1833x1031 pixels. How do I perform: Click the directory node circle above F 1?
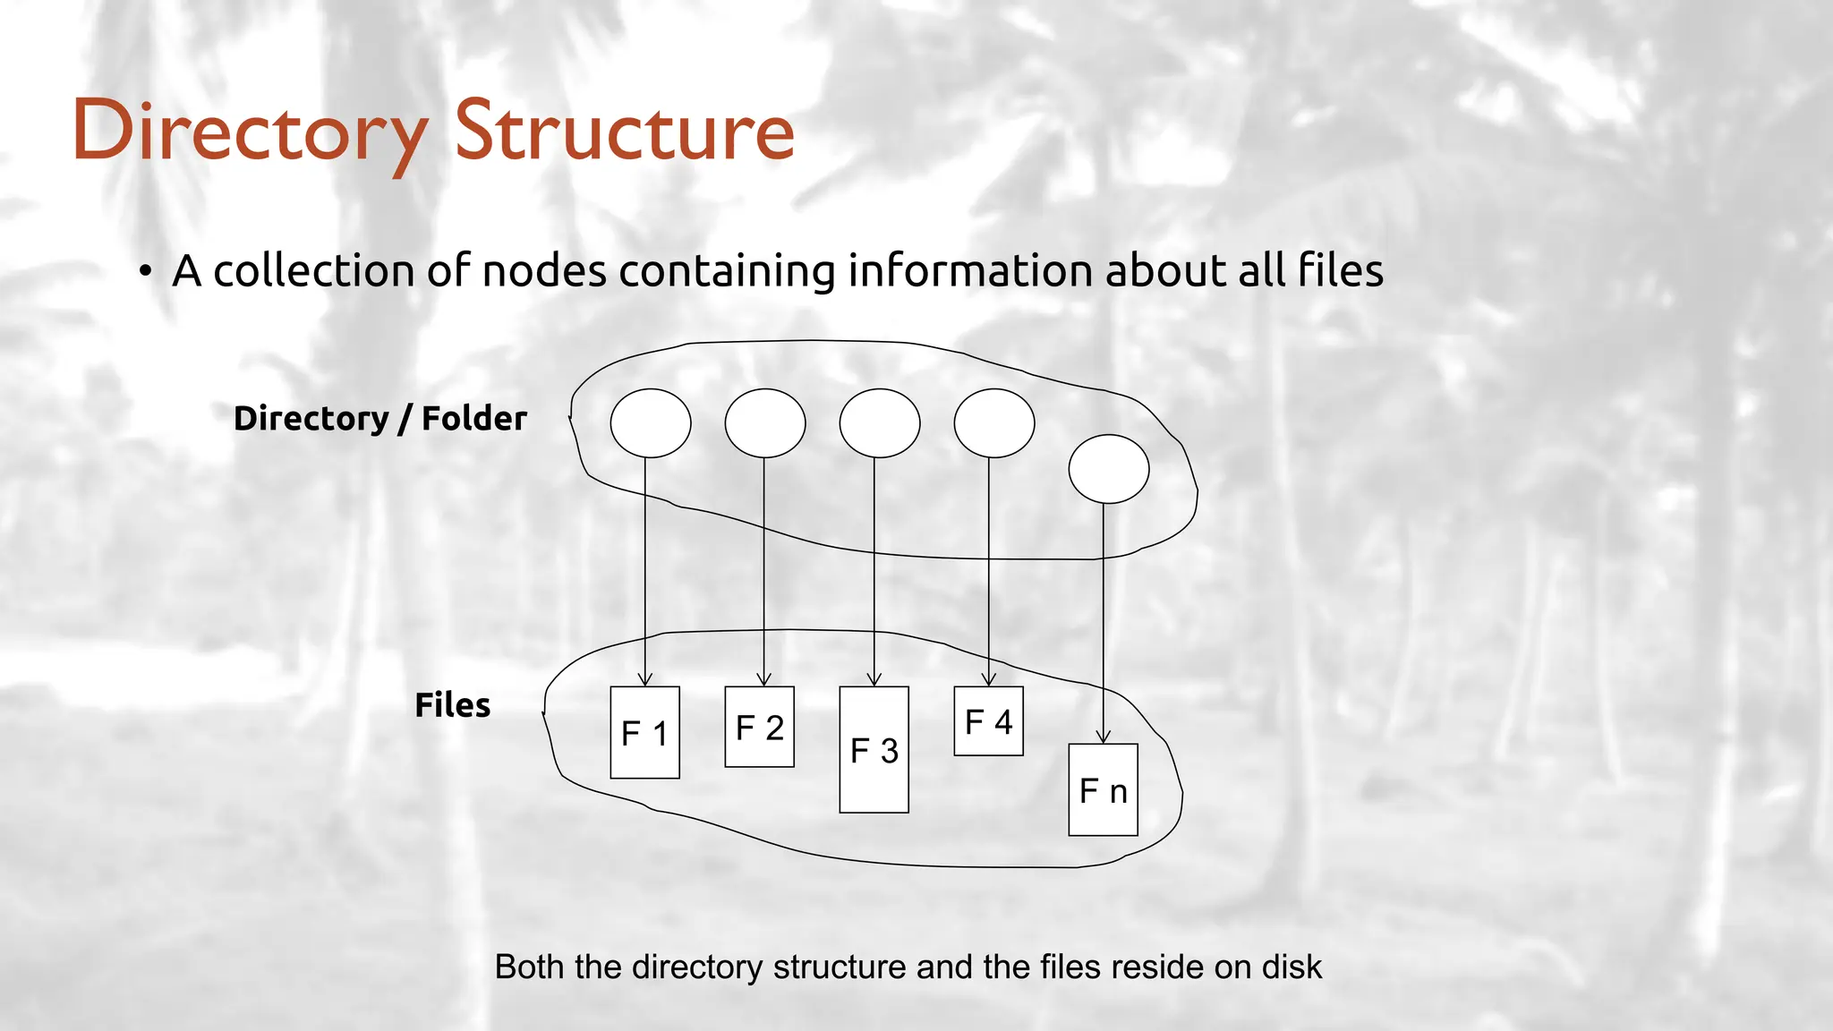(651, 423)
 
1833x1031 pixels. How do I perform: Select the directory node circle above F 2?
(765, 423)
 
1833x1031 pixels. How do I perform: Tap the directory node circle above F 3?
(880, 423)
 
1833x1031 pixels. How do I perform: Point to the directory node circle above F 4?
(994, 423)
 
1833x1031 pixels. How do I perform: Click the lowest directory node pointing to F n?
(1109, 469)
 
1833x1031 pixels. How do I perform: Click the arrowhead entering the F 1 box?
(645, 680)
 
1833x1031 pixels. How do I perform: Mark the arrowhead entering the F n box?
(1104, 737)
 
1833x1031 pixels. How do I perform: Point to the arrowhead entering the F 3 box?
(874, 680)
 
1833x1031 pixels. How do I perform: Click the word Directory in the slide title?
(250, 132)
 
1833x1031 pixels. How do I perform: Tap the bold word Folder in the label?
(473, 418)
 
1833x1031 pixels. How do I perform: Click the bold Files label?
(452, 705)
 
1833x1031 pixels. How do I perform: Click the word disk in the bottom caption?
(1292, 967)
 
